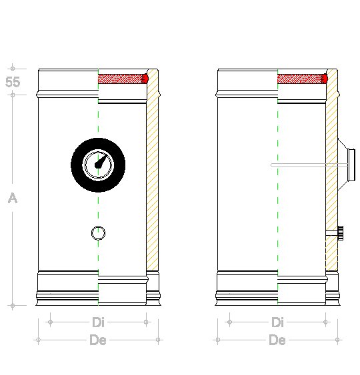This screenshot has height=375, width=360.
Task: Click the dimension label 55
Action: click(13, 82)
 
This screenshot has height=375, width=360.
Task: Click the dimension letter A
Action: click(13, 198)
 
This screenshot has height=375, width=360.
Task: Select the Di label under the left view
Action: click(99, 322)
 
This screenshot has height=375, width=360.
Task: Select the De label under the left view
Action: click(98, 340)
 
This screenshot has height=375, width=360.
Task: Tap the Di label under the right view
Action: click(277, 322)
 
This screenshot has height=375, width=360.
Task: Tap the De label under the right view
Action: click(277, 340)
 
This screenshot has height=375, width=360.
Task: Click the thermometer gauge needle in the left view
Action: click(101, 161)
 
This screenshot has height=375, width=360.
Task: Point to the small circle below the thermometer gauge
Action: click(98, 233)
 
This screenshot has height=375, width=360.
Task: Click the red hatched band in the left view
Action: click(120, 79)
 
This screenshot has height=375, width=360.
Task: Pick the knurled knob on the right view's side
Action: click(341, 233)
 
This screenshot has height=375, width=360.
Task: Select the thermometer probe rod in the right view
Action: click(309, 165)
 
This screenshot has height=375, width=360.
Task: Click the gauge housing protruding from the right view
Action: click(347, 165)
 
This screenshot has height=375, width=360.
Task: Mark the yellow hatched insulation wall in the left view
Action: click(152, 171)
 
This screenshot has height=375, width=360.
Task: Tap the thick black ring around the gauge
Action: click(79, 165)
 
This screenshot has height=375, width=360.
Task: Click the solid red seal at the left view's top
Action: click(145, 79)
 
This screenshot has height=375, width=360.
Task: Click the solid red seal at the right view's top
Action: click(325, 79)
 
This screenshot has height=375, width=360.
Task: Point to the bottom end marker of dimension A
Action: click(13, 306)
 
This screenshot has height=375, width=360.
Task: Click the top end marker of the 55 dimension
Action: click(13, 69)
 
